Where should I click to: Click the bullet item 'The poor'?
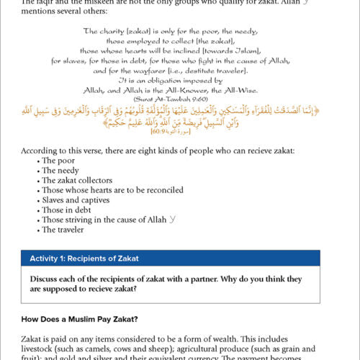click(57, 161)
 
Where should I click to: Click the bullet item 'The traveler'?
click(63, 230)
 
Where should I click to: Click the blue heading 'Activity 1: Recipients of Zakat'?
click(84, 258)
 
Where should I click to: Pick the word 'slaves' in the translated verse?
click(69, 61)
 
